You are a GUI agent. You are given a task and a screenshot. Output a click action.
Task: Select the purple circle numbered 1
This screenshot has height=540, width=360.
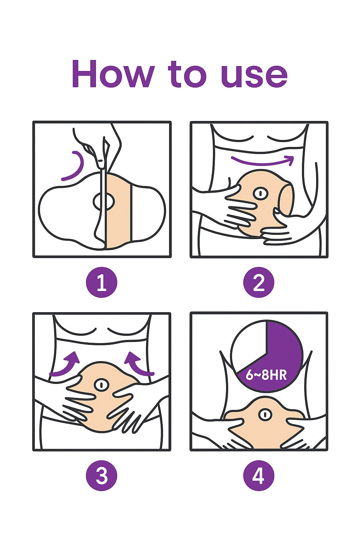coord(102,282)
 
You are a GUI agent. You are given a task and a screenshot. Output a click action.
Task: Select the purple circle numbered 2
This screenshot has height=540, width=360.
coord(259,282)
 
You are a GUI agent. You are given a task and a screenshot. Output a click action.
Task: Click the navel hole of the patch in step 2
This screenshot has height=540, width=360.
coord(261,193)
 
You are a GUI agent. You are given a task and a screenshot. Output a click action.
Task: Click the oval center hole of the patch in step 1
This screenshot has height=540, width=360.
coord(104,201)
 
